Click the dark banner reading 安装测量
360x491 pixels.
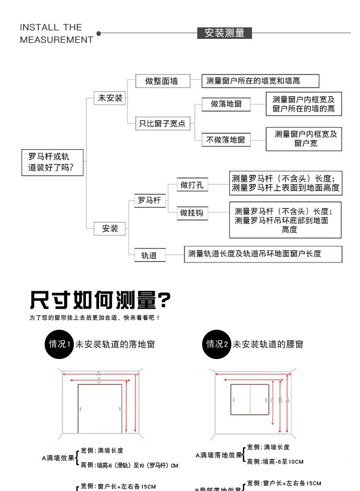225,33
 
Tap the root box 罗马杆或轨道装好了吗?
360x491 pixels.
53,162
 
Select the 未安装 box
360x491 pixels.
111,98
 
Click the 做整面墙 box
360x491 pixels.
162,81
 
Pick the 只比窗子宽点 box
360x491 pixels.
162,123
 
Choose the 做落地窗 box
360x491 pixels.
227,104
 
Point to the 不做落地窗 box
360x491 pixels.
226,140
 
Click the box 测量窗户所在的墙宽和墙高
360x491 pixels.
260,81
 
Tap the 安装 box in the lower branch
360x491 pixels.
110,228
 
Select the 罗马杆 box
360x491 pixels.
149,201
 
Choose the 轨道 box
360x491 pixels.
149,255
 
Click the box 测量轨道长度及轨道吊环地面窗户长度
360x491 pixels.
263,254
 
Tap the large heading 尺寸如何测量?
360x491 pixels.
100,301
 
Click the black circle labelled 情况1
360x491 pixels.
60,344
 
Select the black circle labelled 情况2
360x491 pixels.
216,344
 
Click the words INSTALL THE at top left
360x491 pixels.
51,27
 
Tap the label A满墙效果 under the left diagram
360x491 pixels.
58,458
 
